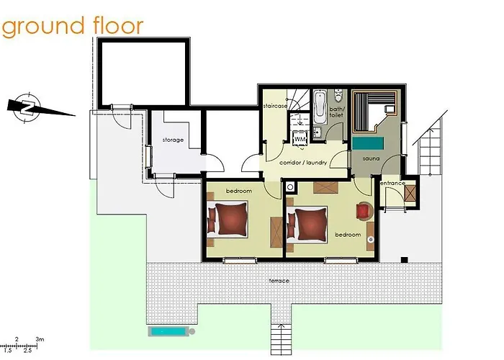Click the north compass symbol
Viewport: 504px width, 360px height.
click(x=27, y=106)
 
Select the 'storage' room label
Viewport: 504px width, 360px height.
click(x=173, y=140)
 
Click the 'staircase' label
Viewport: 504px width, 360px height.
click(x=275, y=105)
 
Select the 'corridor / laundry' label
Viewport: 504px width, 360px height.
click(x=303, y=163)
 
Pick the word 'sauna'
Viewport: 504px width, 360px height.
click(x=371, y=157)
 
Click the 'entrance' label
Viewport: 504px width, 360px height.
click(x=393, y=183)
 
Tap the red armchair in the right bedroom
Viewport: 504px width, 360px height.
click(x=364, y=210)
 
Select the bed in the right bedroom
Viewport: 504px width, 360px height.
click(x=309, y=223)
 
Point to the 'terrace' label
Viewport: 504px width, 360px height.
click(x=279, y=280)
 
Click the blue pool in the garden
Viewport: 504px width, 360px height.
click(x=171, y=332)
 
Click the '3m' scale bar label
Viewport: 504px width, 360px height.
click(x=40, y=338)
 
